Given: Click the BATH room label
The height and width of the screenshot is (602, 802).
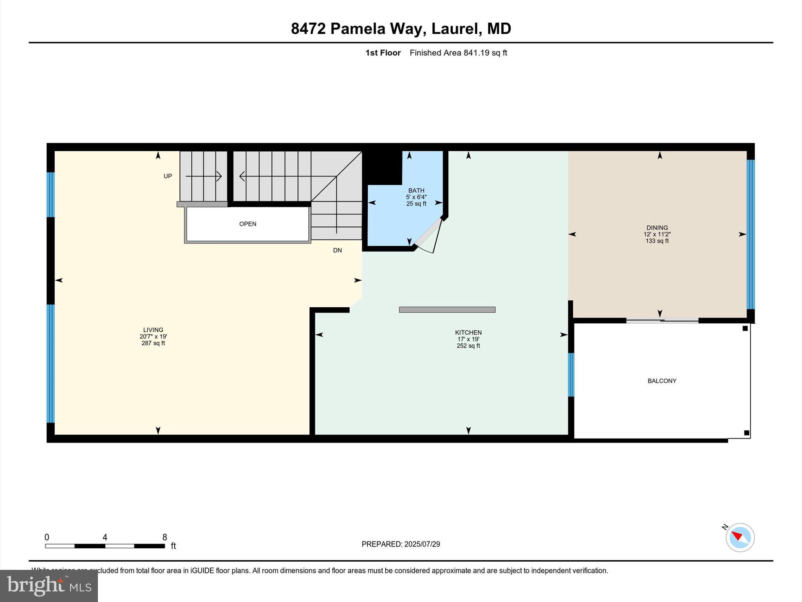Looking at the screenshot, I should coord(416,190).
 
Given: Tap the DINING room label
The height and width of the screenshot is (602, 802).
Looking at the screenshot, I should coord(657,228).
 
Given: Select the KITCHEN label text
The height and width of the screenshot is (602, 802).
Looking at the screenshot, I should coord(468,332).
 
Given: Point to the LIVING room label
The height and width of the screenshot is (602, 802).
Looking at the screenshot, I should coord(153,330).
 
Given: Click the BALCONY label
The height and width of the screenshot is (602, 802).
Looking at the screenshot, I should coord(662,381).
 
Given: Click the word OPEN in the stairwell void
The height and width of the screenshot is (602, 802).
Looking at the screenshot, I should coord(247,224).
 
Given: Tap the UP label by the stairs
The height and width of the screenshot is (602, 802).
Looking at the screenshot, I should coord(168,176).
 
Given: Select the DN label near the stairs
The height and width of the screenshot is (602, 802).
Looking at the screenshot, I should coord(337,250).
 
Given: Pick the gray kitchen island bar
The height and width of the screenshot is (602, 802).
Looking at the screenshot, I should coord(447,310).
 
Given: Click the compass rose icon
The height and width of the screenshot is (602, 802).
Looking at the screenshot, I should coord(740,537).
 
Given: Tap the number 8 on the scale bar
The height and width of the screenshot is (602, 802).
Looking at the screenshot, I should coord(164,537).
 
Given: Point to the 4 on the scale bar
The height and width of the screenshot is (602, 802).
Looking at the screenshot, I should coord(105,537).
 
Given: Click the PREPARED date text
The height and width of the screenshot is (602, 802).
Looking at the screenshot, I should coord(401,544).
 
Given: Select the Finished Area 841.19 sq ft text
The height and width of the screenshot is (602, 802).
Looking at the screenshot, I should coord(458,53).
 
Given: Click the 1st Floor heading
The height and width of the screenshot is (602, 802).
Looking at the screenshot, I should coord(383,53).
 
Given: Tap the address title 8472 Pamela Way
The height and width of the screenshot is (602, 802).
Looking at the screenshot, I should coord(401,29).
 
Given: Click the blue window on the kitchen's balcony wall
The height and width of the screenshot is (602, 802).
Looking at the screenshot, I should coord(571,375).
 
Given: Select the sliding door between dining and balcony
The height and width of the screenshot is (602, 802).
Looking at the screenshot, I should coord(662,321).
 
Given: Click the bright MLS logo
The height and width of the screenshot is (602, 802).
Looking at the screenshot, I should coord(49,586).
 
